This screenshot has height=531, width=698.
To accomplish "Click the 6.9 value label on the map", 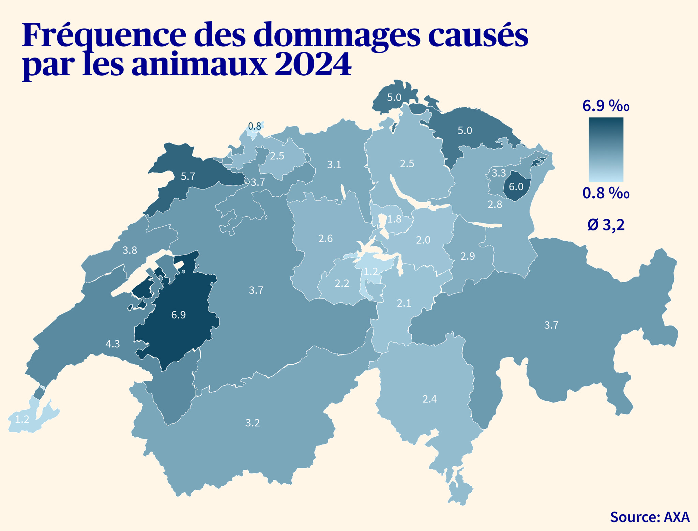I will pyautogui.click(x=178, y=315).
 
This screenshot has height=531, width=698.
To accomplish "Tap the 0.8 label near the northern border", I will pyautogui.click(x=254, y=126).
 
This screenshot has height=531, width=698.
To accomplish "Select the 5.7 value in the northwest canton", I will pyautogui.click(x=188, y=177).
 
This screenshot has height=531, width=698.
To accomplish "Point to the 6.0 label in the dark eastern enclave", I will pyautogui.click(x=516, y=187).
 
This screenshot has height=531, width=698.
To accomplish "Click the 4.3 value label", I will pyautogui.click(x=112, y=344).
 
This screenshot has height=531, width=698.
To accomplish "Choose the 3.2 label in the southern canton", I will pyautogui.click(x=253, y=423).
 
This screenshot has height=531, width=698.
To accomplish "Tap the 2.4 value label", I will pyautogui.click(x=429, y=399).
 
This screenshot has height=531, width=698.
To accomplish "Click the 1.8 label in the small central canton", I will pyautogui.click(x=394, y=219).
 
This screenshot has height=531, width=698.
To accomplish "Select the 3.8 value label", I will pyautogui.click(x=130, y=251).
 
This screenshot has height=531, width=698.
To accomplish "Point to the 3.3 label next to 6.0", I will pyautogui.click(x=498, y=173).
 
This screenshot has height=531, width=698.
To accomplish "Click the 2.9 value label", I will pyautogui.click(x=468, y=256).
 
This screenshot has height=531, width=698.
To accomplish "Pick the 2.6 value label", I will pyautogui.click(x=325, y=239).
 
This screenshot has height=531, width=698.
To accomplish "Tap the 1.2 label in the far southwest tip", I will pyautogui.click(x=22, y=419).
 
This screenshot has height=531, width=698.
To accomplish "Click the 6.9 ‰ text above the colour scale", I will pyautogui.click(x=606, y=106).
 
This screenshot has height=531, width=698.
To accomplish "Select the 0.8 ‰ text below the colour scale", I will pyautogui.click(x=606, y=193).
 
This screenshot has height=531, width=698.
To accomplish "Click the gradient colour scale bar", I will pyautogui.click(x=606, y=149).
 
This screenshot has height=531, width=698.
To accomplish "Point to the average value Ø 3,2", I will pyautogui.click(x=606, y=225).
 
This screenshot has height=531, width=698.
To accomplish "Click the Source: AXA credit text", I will pyautogui.click(x=650, y=517).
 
